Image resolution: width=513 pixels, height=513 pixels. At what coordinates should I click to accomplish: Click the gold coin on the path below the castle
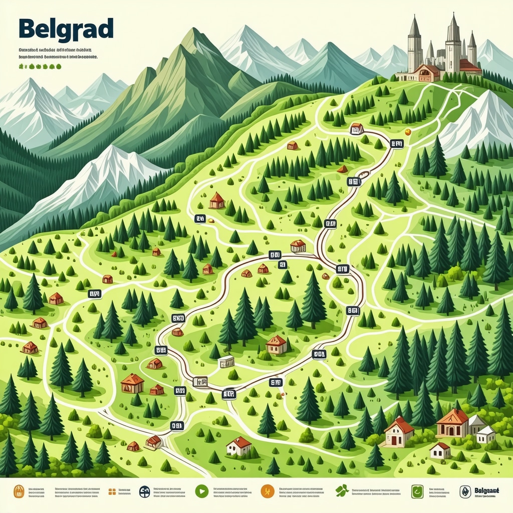(408, 132)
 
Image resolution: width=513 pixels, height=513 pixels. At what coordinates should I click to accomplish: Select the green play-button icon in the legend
(201, 491)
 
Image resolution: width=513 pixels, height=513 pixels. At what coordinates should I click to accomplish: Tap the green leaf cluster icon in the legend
(342, 491)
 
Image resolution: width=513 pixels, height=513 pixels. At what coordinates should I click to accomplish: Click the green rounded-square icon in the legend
(417, 491)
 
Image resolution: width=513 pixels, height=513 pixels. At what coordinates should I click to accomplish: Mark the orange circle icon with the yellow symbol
(267, 491)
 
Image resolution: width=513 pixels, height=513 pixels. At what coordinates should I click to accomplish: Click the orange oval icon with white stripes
(19, 491)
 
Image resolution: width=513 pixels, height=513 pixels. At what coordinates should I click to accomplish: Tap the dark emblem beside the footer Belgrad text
(465, 491)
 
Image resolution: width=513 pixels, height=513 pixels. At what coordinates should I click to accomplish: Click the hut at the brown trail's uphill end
(357, 129)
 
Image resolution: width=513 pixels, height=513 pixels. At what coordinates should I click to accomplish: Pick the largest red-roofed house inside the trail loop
(276, 345)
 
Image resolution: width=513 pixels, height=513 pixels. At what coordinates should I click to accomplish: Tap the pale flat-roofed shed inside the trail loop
(226, 361)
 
